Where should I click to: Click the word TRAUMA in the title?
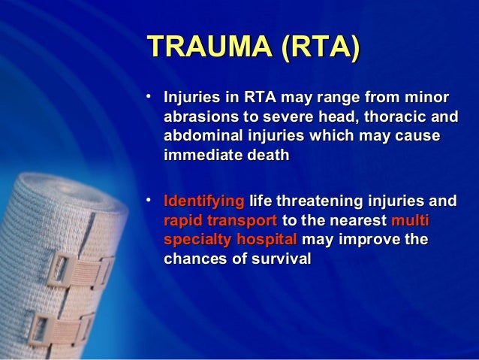pos(199,47)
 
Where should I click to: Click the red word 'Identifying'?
pos(203,202)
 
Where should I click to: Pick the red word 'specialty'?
pos(195,241)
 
